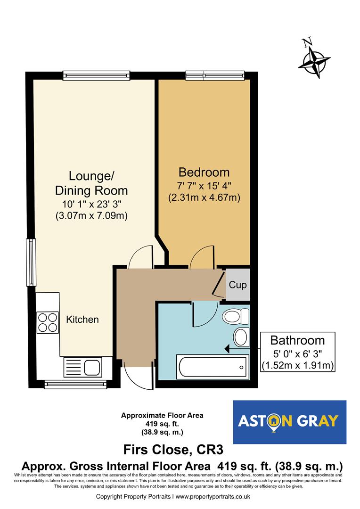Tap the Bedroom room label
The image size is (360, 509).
(204, 172)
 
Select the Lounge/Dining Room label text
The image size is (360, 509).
(91, 183)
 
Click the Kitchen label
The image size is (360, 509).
(82, 320)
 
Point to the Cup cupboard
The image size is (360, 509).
(237, 285)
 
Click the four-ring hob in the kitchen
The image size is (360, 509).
(48, 323)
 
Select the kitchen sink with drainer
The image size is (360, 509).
(82, 367)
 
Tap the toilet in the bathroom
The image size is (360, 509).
(237, 316)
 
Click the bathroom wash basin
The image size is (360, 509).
(241, 337)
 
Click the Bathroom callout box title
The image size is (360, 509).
(297, 340)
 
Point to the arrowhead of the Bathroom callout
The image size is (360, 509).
(227, 349)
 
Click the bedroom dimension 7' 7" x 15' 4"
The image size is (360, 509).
(204, 186)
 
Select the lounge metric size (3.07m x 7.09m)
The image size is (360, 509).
(91, 216)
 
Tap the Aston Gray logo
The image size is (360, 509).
(290, 422)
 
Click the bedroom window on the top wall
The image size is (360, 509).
(215, 74)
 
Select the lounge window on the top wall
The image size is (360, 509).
(96, 74)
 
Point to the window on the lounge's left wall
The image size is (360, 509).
(31, 262)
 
